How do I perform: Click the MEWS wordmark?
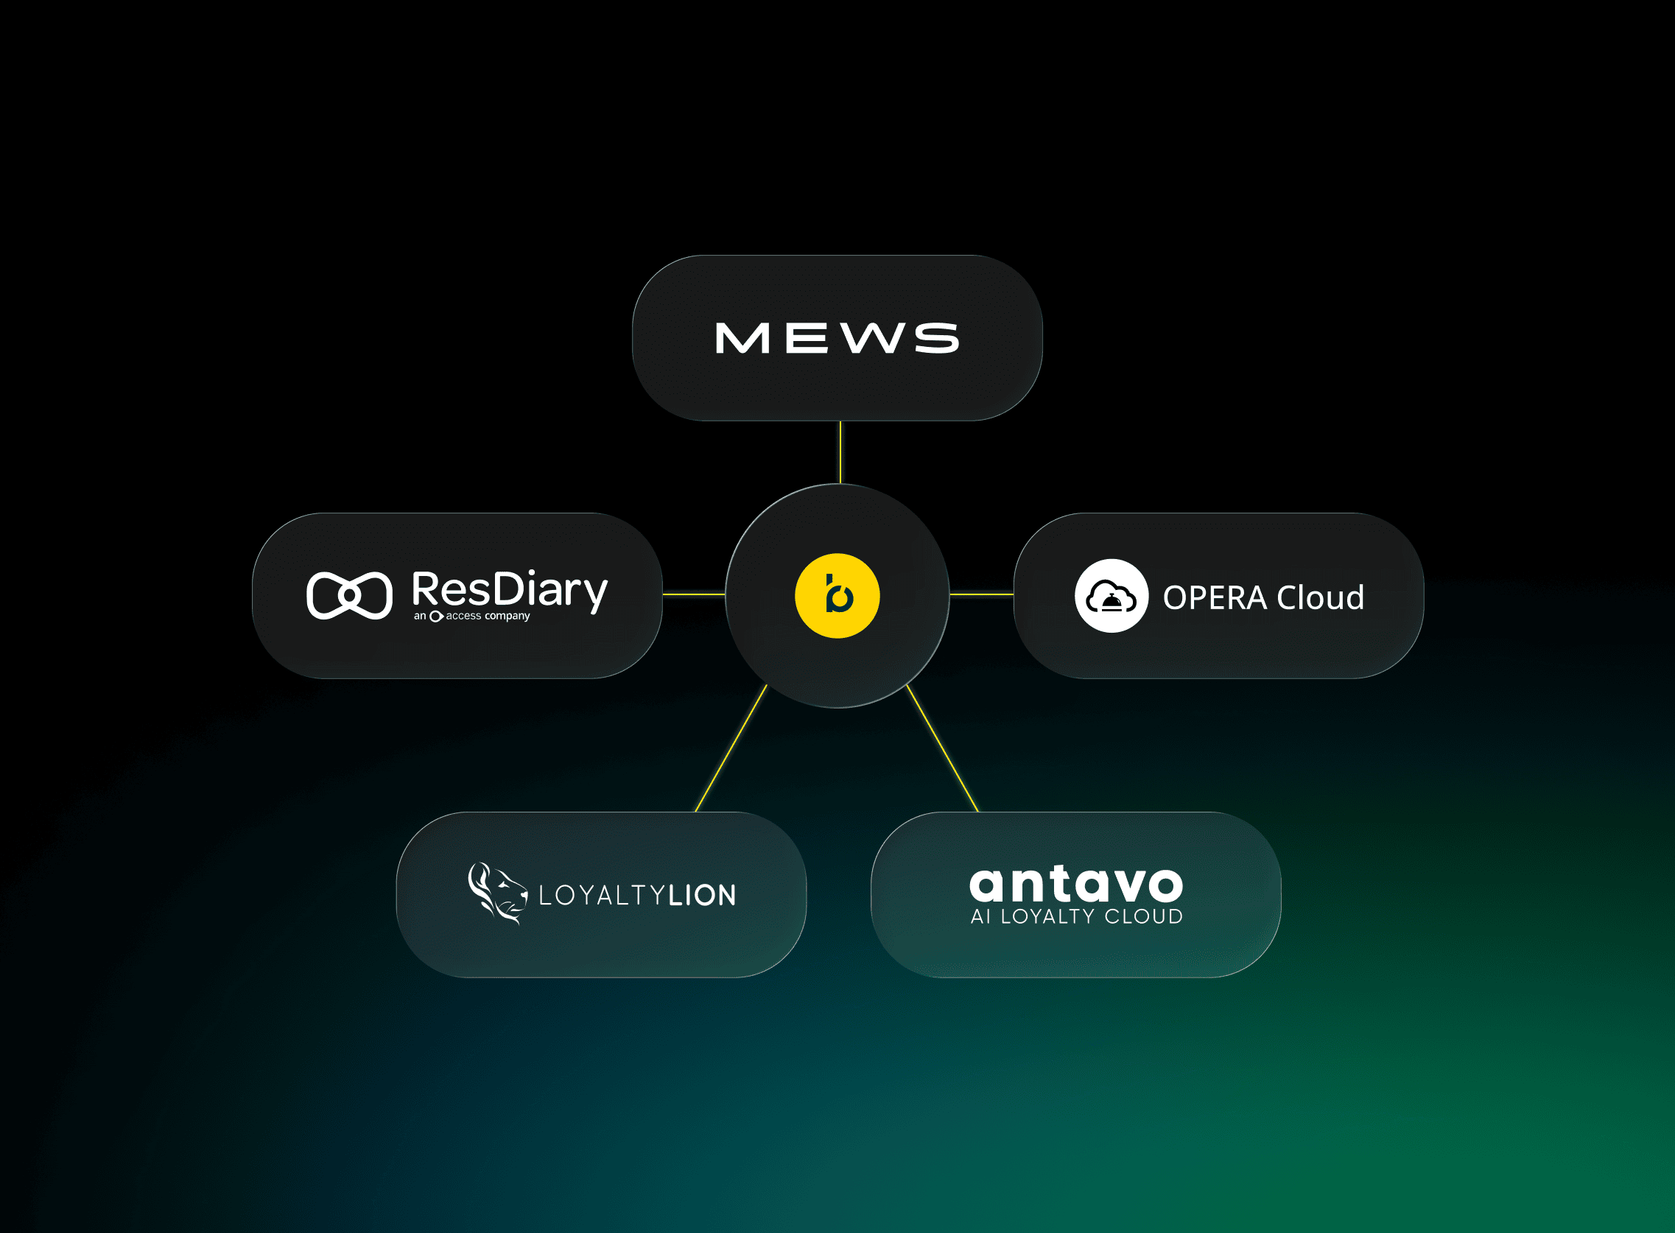point(837,338)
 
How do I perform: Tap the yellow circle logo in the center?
point(837,596)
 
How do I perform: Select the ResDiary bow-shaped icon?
point(349,596)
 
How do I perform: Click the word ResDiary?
point(510,591)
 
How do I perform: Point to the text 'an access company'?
point(471,616)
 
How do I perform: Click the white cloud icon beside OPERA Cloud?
point(1111,596)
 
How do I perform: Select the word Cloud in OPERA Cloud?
point(1321,597)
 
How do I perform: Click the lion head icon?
point(497,893)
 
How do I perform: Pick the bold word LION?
point(703,895)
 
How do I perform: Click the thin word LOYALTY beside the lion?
point(602,895)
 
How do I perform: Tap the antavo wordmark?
point(1075,885)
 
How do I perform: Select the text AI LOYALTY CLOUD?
point(1076,916)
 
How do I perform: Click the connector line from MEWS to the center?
point(840,452)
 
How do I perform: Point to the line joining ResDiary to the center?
point(694,594)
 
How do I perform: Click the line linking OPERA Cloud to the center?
point(982,594)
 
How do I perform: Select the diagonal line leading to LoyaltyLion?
point(731,748)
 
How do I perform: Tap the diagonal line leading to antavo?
point(942,748)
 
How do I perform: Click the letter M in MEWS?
point(742,338)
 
